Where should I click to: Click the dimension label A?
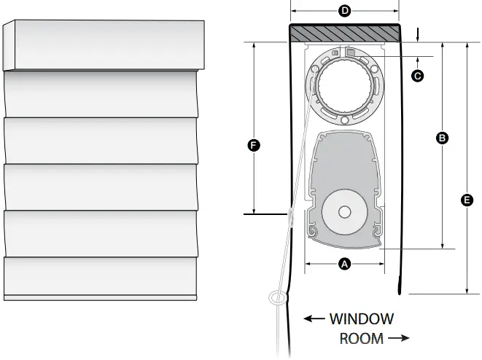[344, 264]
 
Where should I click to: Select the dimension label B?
[442, 138]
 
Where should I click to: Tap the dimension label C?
[417, 76]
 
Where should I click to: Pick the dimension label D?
[345, 11]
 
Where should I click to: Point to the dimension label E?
[467, 200]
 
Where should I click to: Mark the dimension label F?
[254, 145]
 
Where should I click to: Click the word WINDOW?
[362, 319]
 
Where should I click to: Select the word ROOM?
[362, 338]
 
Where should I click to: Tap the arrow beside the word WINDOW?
[314, 318]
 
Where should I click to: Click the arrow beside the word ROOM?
[399, 338]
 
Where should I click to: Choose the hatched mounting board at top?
[345, 34]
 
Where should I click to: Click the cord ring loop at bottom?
[279, 298]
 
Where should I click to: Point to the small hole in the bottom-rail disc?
[345, 211]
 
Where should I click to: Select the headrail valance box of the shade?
[104, 45]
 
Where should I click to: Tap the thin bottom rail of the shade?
[100, 297]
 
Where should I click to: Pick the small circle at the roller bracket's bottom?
[345, 120]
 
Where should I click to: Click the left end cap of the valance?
[9, 45]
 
